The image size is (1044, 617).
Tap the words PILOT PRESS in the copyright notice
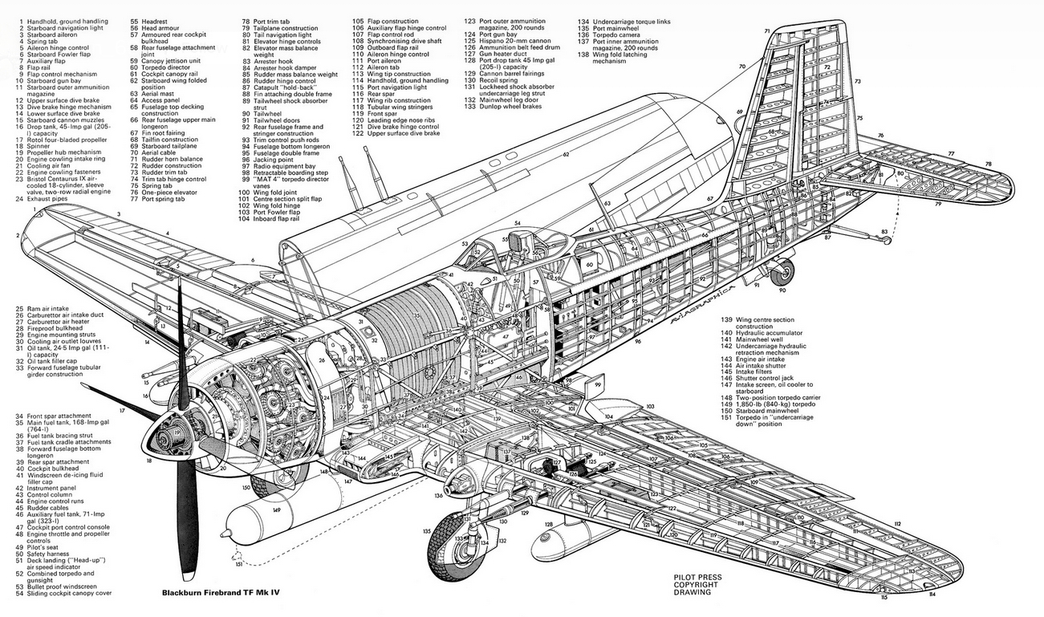[x=698, y=577]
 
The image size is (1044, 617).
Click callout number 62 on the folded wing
[x=566, y=154]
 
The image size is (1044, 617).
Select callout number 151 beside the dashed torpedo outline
[x=238, y=565]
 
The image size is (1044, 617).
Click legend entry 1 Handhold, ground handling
[x=63, y=20]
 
